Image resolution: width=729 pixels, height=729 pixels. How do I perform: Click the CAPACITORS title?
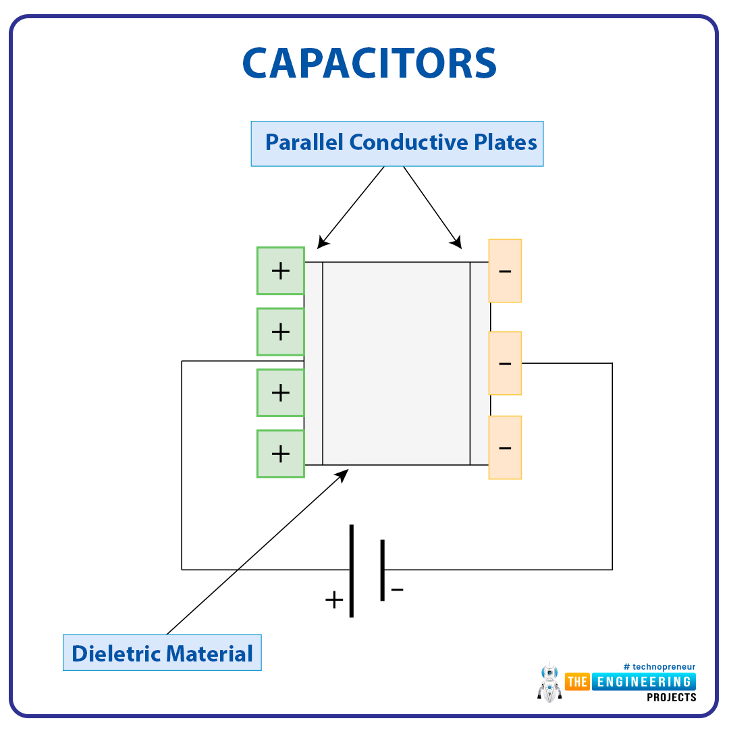(x=370, y=63)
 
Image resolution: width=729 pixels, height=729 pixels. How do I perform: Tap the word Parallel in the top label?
(x=304, y=142)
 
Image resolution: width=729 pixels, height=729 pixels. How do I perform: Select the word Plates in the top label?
(x=506, y=142)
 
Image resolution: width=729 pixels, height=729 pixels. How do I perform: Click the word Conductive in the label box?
(x=408, y=142)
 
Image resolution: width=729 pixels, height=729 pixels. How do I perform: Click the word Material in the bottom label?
(x=209, y=653)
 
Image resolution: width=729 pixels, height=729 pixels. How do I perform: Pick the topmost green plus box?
(x=281, y=271)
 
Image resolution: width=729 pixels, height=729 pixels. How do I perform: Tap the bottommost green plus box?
(x=281, y=454)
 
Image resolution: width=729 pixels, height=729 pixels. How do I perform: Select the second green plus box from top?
(x=281, y=332)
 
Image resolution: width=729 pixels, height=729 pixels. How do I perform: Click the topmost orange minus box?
(x=505, y=271)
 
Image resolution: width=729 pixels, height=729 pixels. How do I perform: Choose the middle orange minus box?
(x=505, y=363)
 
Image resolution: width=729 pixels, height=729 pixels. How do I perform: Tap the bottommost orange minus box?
(x=505, y=448)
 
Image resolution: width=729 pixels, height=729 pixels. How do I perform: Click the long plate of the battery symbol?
(x=352, y=571)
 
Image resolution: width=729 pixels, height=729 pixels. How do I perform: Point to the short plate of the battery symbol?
(x=382, y=570)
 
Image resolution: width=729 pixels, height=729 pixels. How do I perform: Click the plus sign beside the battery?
(x=334, y=600)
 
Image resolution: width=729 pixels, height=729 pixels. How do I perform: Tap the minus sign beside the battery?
(x=397, y=589)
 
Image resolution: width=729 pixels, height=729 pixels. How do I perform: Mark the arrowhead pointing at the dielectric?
(x=343, y=475)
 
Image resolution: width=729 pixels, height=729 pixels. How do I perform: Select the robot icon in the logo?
(x=549, y=682)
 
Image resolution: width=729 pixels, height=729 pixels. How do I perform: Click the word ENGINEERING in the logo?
(x=644, y=682)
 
